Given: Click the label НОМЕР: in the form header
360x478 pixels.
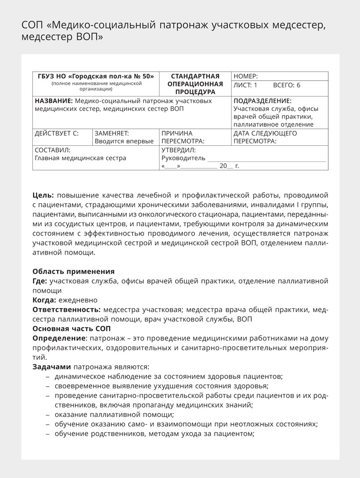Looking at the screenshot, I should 246,77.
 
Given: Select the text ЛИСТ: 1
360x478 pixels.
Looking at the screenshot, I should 245,85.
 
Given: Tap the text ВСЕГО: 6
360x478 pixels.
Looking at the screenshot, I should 286,85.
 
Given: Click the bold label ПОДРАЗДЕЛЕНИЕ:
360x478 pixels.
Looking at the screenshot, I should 262,101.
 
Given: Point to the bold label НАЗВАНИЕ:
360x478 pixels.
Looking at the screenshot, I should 54,101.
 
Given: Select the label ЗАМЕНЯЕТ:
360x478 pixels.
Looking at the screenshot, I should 112,133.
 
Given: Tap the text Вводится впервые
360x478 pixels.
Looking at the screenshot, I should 124,141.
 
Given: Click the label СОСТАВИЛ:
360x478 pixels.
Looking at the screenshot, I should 53,150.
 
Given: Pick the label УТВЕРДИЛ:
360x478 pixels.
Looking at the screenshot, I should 179,150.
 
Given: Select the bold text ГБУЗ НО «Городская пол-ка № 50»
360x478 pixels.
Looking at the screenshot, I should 96,77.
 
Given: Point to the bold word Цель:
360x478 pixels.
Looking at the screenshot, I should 43,195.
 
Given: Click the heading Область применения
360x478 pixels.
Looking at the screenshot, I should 73,271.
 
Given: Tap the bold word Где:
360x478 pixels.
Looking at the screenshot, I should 40,281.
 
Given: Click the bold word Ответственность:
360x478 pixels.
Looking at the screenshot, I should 66,310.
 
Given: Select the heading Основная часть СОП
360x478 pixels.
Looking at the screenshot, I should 71,329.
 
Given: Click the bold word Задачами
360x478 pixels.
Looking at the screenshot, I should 52,367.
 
